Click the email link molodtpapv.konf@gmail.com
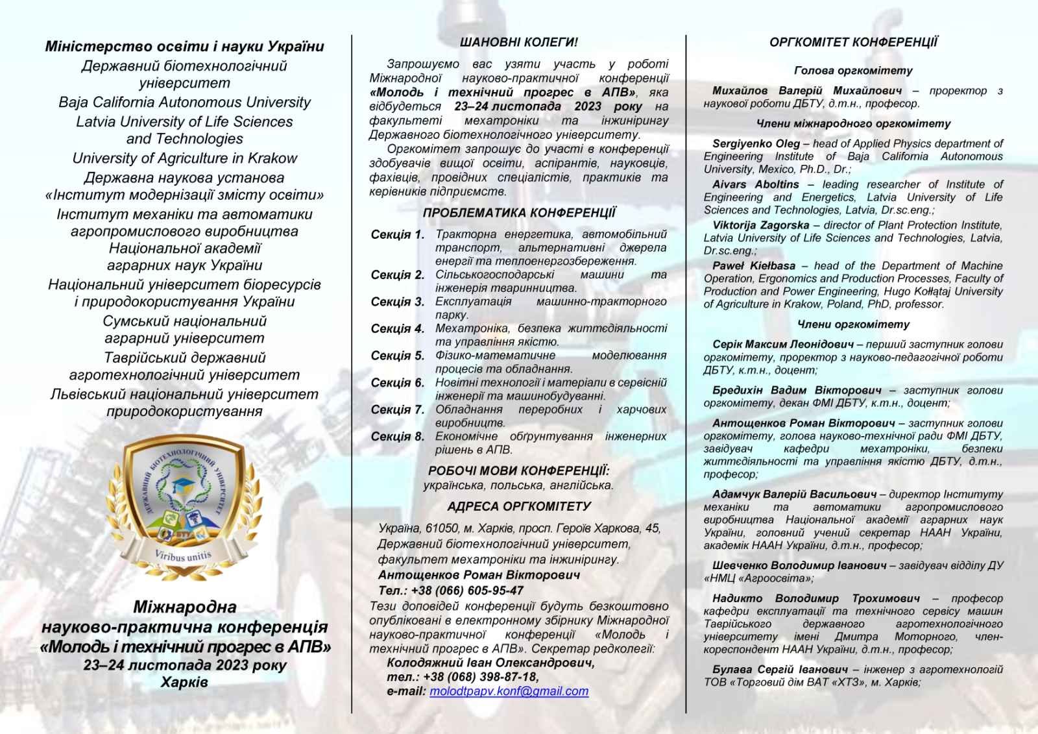pos(509,692)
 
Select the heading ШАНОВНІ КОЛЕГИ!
pos(518,42)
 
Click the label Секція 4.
pos(397,329)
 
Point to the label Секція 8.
pos(397,437)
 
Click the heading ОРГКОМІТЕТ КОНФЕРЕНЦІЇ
pos(853,43)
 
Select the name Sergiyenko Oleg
pos(756,143)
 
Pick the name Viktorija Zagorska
pos(760,225)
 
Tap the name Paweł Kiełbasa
pos(753,266)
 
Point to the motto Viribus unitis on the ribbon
pos(183,556)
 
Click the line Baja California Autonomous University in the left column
pos(184,103)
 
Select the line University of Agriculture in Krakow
pos(184,158)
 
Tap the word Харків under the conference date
pos(184,682)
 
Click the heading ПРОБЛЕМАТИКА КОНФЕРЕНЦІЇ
pos(518,213)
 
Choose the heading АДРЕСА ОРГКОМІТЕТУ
pos(518,507)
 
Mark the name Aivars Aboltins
pos(755,184)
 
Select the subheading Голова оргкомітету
pos(853,71)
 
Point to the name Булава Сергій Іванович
pos(780,670)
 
